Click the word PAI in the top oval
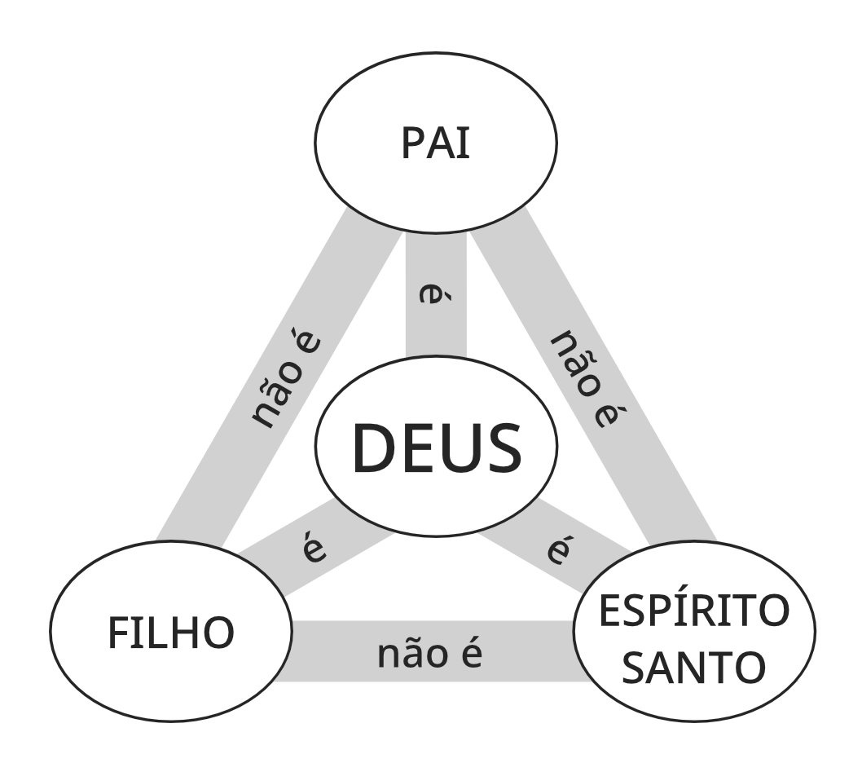[x=436, y=143]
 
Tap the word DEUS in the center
[x=436, y=448]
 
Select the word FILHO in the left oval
[x=171, y=633]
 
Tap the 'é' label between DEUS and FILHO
[x=314, y=551]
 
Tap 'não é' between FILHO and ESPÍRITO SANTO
[x=430, y=654]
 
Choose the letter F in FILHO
[x=118, y=633]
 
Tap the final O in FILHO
[x=219, y=633]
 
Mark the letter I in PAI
[x=464, y=143]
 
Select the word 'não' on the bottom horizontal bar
[x=408, y=654]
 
